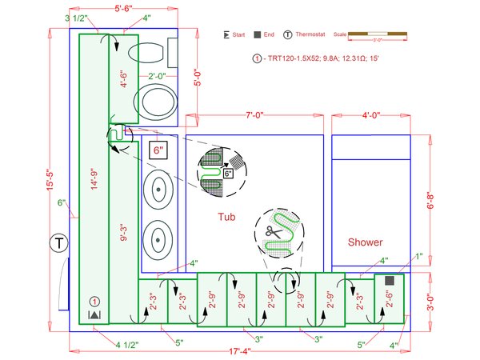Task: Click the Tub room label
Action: [x=226, y=217]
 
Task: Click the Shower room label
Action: [x=365, y=242]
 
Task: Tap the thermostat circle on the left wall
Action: [x=58, y=242]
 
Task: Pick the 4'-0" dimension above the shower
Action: [x=370, y=117]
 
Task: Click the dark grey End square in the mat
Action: [x=390, y=281]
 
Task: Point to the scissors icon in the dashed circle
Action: [x=277, y=232]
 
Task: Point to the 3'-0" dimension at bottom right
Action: [x=430, y=302]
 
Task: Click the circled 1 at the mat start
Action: [x=94, y=302]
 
